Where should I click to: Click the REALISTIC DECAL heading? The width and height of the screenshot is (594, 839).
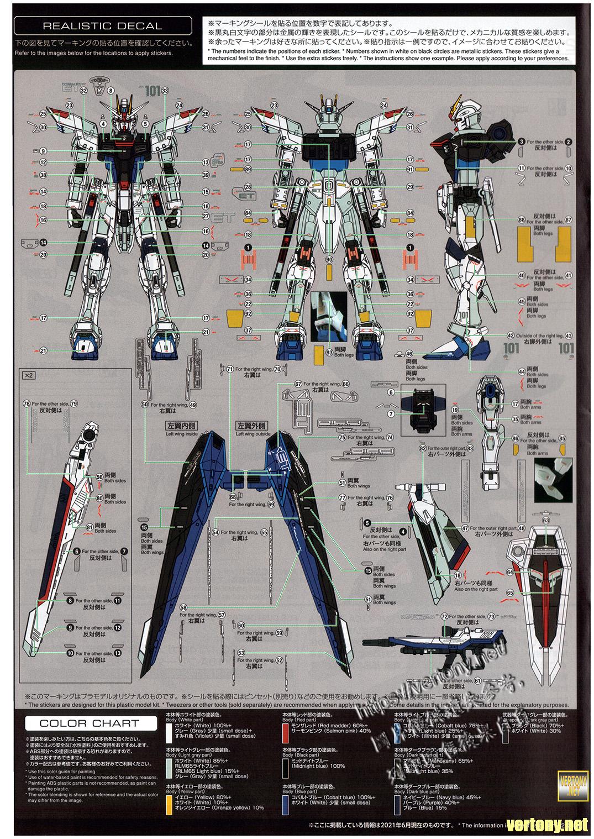click(x=102, y=25)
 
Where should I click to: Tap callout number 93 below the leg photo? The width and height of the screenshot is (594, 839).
click(x=329, y=352)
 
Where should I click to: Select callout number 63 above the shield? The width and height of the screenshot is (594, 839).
click(x=546, y=520)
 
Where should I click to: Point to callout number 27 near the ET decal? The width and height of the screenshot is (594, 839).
click(x=206, y=216)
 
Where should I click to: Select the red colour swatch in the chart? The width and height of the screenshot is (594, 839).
click(x=286, y=733)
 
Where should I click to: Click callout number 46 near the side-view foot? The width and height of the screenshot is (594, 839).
click(x=409, y=354)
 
